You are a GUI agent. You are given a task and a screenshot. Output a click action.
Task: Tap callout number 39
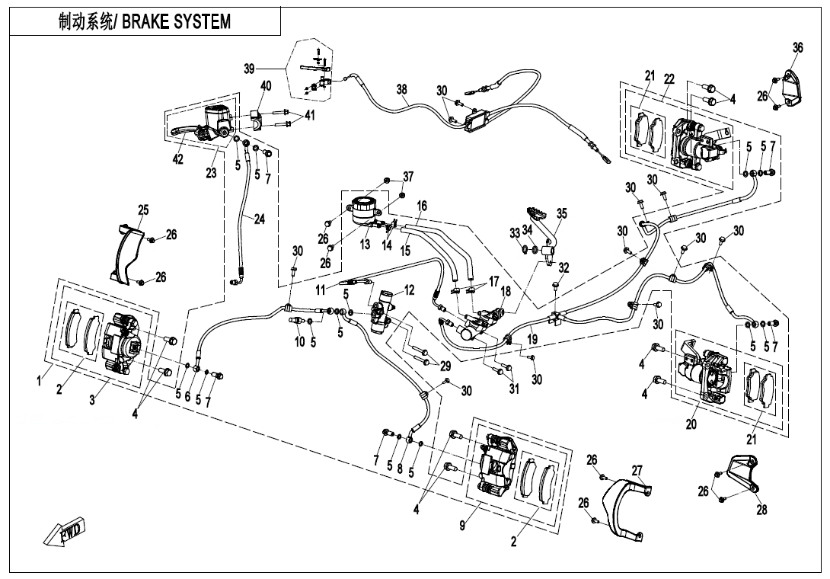pyautogui.click(x=250, y=69)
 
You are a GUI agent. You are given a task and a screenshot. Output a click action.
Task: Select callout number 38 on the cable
pyautogui.click(x=402, y=89)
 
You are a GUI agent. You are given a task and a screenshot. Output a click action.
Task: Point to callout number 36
pyautogui.click(x=797, y=47)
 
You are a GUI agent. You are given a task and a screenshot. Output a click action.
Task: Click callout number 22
pyautogui.click(x=669, y=78)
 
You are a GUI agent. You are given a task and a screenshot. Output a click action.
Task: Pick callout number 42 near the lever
pyautogui.click(x=177, y=158)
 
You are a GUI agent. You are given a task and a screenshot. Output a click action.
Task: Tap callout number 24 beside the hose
pyautogui.click(x=260, y=219)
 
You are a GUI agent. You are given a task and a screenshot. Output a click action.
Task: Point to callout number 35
pyautogui.click(x=561, y=214)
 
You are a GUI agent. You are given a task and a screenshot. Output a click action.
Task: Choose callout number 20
pyautogui.click(x=691, y=424)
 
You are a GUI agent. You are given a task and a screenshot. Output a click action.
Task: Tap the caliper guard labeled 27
pyautogui.click(x=624, y=510)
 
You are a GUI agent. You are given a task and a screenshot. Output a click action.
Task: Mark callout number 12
pyautogui.click(x=409, y=289)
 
